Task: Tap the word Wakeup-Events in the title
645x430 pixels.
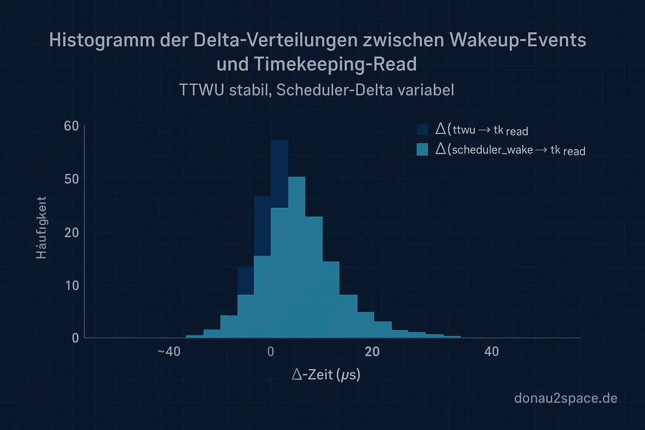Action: (x=517, y=41)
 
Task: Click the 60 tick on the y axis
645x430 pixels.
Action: (x=71, y=126)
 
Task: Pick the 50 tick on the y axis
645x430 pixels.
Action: (x=71, y=179)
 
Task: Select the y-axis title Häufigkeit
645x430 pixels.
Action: (x=41, y=228)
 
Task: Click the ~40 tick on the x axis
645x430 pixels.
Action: (x=169, y=351)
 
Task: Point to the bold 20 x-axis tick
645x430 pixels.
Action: (x=372, y=351)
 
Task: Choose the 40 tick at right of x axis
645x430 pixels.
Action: (x=491, y=351)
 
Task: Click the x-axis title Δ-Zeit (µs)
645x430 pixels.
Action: (x=326, y=374)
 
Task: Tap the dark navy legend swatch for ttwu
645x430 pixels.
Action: (x=422, y=129)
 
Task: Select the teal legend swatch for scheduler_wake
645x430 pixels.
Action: (x=422, y=149)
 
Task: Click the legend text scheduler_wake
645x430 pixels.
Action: (x=492, y=149)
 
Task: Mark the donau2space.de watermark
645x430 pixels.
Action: (x=566, y=398)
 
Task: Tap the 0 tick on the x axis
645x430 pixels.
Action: (x=271, y=351)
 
